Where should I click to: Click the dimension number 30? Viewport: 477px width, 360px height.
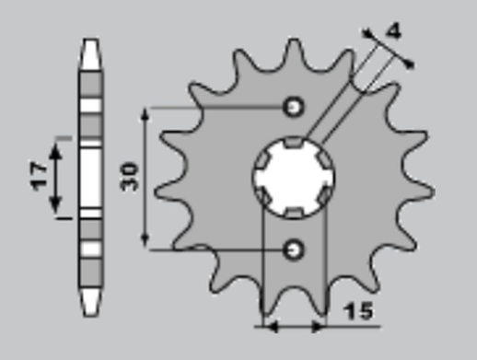click(x=131, y=177)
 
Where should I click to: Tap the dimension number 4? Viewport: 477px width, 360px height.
click(x=393, y=31)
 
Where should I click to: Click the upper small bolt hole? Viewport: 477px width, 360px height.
click(x=294, y=107)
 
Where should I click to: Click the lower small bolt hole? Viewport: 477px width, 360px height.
click(x=294, y=248)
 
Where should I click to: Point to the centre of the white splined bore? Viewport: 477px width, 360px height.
click(x=294, y=178)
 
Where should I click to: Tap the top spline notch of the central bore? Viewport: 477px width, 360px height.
click(x=294, y=143)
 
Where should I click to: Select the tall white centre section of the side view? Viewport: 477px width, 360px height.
click(x=90, y=177)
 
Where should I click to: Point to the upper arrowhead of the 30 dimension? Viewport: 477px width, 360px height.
click(x=145, y=113)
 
